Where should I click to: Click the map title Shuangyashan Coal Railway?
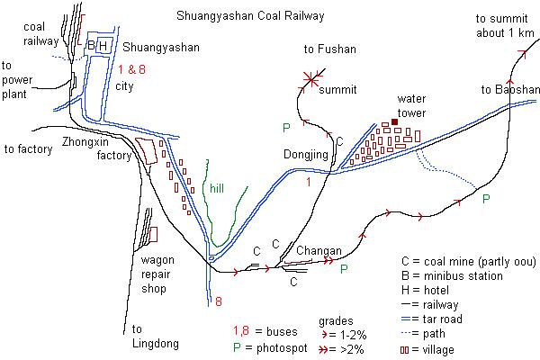(x=250, y=16)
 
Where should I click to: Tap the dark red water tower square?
(x=395, y=122)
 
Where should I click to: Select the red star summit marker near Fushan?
(x=311, y=80)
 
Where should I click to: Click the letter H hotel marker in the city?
(x=103, y=46)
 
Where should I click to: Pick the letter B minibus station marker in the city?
(x=91, y=45)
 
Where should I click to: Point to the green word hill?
(x=217, y=188)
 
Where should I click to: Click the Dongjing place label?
(x=306, y=155)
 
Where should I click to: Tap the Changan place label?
(x=319, y=250)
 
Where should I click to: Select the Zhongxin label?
(x=85, y=141)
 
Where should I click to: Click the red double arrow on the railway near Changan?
(x=328, y=261)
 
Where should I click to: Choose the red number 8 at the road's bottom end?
(x=219, y=301)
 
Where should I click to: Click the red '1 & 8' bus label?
(x=132, y=69)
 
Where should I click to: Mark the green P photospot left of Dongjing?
(x=286, y=128)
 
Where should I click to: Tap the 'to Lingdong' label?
(x=156, y=337)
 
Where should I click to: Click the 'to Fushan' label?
(x=330, y=49)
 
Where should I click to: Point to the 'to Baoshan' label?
(x=510, y=90)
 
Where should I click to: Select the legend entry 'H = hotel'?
(x=425, y=290)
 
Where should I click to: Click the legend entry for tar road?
(x=432, y=319)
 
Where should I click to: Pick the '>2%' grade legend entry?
(x=341, y=349)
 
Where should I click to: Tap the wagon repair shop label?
(x=157, y=274)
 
